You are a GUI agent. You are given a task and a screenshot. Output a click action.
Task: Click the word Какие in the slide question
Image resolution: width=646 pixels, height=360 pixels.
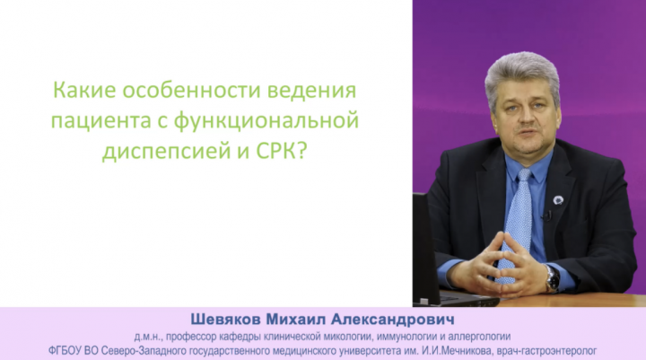(x=84, y=90)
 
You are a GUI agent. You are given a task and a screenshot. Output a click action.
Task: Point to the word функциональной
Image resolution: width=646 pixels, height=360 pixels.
(x=266, y=122)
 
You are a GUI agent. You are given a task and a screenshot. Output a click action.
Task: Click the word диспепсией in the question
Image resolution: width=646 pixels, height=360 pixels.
(x=166, y=152)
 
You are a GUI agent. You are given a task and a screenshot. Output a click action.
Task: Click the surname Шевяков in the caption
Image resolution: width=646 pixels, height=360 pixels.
(x=225, y=320)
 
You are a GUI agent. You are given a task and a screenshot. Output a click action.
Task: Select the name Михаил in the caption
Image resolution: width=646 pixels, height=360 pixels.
(x=296, y=320)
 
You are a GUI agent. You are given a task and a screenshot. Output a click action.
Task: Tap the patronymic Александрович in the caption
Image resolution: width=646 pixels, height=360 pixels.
(x=393, y=320)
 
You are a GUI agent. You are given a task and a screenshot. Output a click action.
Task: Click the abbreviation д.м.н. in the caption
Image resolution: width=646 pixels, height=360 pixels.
(x=147, y=338)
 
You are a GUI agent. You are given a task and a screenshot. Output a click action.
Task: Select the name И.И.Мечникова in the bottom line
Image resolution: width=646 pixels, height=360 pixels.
(x=457, y=351)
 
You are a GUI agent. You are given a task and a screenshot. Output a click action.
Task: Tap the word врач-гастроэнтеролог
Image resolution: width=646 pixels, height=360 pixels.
(x=546, y=351)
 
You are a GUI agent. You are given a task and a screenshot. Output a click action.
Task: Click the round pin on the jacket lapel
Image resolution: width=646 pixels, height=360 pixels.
(x=558, y=201)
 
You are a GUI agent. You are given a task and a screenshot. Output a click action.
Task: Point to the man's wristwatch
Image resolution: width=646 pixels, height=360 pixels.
(x=553, y=279)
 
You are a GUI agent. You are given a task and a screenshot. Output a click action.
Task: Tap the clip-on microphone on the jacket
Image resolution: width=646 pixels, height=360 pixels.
(x=547, y=215)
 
